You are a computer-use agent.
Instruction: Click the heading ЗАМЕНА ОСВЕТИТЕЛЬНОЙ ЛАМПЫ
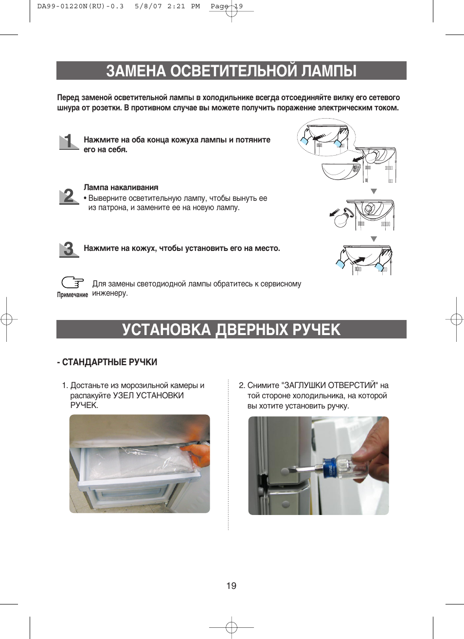click(x=231, y=71)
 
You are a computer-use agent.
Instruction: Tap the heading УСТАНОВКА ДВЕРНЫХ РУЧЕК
click(x=231, y=330)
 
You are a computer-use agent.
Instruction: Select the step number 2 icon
click(x=69, y=196)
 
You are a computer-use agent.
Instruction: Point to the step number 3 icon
click(x=69, y=249)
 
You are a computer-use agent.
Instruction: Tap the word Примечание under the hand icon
click(x=72, y=295)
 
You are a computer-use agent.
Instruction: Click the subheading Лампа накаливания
click(x=121, y=188)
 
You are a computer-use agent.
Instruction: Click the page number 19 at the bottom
click(x=232, y=586)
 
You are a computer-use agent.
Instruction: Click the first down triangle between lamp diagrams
click(x=374, y=192)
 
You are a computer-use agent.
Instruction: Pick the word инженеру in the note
click(x=110, y=293)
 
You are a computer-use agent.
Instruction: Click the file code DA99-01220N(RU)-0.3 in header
click(x=80, y=6)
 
